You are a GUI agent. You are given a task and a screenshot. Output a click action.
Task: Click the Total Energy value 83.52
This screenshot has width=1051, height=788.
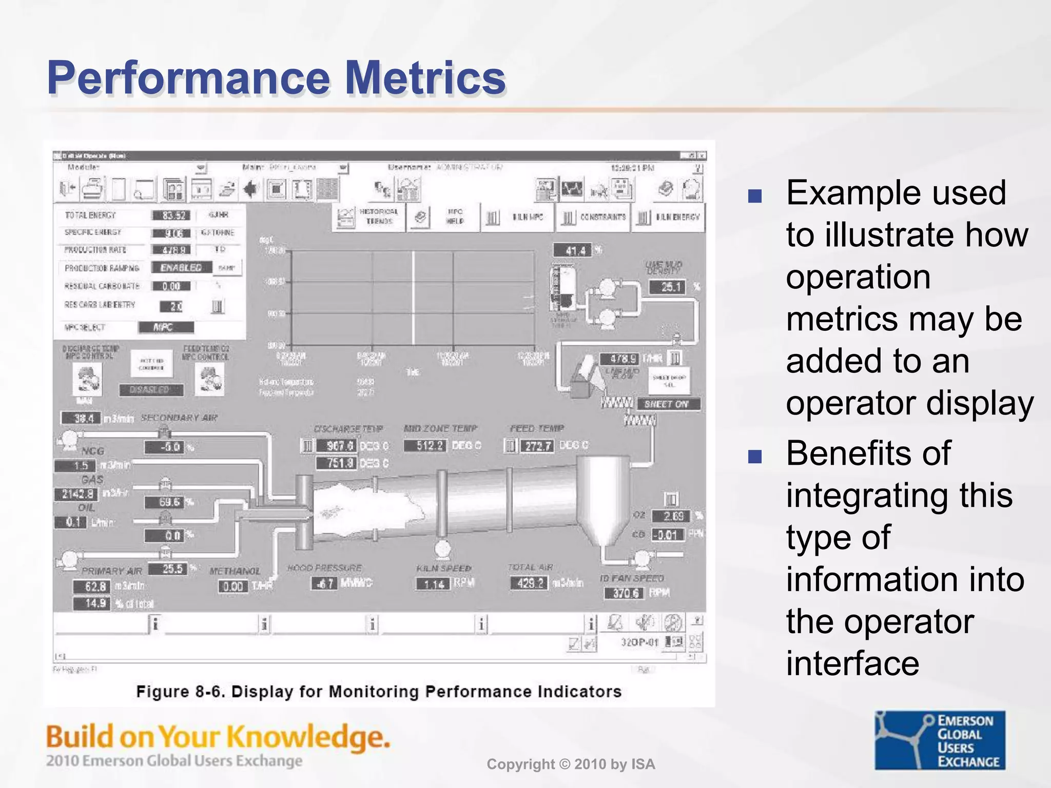coord(172,215)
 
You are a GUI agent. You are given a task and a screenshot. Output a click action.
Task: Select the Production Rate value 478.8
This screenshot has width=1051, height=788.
coord(171,250)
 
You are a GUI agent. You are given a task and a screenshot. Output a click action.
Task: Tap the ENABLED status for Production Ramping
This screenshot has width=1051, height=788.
coord(181,268)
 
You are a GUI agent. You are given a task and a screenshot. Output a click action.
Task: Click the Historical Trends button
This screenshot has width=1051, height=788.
coord(368,216)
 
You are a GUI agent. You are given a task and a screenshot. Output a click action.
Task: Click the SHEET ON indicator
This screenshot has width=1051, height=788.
coord(667,404)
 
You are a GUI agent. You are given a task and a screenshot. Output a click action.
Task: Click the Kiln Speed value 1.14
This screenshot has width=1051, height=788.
coord(434,584)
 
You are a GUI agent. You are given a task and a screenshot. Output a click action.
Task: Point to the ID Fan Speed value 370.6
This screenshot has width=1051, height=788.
coord(625,593)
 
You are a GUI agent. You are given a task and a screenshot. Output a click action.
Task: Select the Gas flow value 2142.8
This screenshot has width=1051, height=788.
coord(77,494)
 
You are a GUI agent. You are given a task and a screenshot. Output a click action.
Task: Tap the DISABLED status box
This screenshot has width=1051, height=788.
coord(151,390)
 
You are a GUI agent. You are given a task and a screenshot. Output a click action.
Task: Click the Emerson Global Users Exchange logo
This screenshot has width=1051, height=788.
coord(940,740)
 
